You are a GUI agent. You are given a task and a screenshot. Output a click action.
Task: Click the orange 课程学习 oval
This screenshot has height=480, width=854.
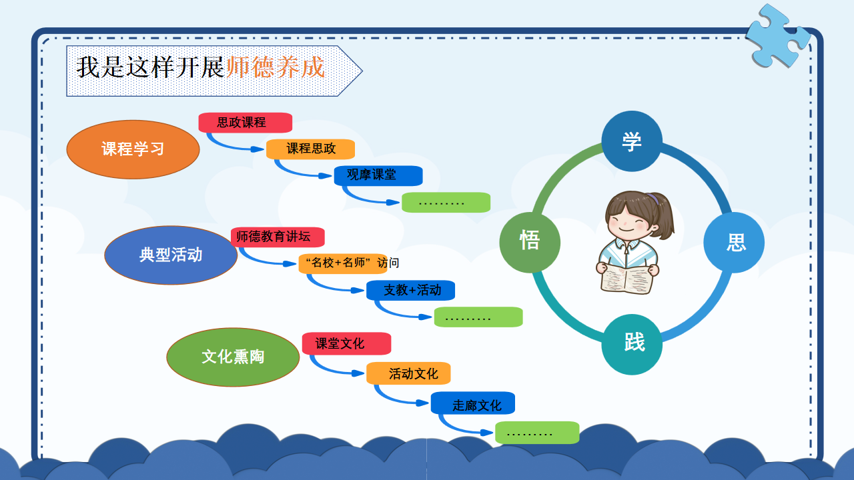pos(133,149)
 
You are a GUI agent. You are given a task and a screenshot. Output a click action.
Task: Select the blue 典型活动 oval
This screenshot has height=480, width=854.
pos(171,255)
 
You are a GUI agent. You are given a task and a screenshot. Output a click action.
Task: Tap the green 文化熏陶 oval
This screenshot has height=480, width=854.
pos(233,357)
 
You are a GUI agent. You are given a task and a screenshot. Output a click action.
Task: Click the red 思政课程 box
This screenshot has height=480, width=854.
pos(245,123)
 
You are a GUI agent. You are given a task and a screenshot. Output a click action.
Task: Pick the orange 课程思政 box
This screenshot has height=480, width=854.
pos(310,149)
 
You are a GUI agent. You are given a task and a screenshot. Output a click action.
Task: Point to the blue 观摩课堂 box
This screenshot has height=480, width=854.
pos(378,175)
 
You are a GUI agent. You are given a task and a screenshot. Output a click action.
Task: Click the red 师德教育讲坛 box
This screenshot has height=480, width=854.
pos(278,237)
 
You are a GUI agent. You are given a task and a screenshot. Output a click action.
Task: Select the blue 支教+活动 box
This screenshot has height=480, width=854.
pos(410,291)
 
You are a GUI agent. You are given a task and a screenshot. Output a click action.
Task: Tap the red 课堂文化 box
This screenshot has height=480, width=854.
pos(346,343)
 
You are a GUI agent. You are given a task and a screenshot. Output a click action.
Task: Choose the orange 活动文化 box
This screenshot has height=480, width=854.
pos(408,373)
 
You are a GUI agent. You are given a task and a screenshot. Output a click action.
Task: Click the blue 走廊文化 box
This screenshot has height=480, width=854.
pos(473,403)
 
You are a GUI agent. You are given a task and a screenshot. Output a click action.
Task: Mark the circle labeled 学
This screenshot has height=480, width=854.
pos(632,141)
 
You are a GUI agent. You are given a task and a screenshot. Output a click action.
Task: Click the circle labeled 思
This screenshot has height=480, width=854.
pos(734,243)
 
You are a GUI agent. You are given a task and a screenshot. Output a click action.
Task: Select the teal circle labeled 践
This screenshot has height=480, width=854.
pos(632,345)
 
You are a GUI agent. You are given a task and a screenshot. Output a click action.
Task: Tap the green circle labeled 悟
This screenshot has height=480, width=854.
pos(530,243)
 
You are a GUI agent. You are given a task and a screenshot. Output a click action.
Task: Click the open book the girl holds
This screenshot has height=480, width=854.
pos(626,280)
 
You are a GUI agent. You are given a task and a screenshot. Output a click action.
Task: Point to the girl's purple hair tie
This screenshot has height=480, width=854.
pos(653,199)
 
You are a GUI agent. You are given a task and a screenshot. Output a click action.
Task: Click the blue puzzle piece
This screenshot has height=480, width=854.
pos(778,37)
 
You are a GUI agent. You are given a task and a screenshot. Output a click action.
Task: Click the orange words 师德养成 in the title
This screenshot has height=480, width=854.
pos(276,67)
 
